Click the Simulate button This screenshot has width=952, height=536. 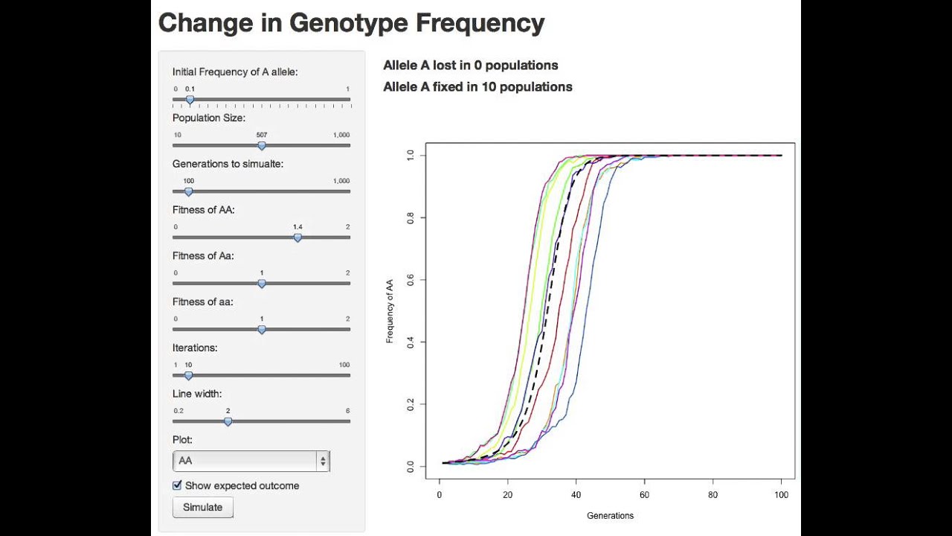[x=202, y=507]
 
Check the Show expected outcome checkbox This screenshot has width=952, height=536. [x=177, y=485]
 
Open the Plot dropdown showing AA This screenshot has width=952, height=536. [x=251, y=461]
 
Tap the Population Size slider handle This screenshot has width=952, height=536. [x=262, y=145]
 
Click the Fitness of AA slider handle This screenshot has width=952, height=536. [x=297, y=237]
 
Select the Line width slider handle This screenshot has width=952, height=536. [x=228, y=421]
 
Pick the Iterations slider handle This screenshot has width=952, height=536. [x=188, y=375]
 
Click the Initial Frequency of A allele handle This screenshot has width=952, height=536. [x=190, y=99]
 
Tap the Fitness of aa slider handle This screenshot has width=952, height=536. [x=262, y=329]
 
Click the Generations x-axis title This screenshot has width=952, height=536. [x=610, y=515]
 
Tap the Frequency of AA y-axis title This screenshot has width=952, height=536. [x=390, y=311]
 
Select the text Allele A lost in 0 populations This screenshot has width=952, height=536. [x=470, y=66]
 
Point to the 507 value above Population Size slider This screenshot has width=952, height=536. [x=262, y=135]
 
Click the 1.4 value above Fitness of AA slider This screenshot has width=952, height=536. [x=297, y=227]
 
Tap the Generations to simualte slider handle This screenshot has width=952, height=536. [x=188, y=191]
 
